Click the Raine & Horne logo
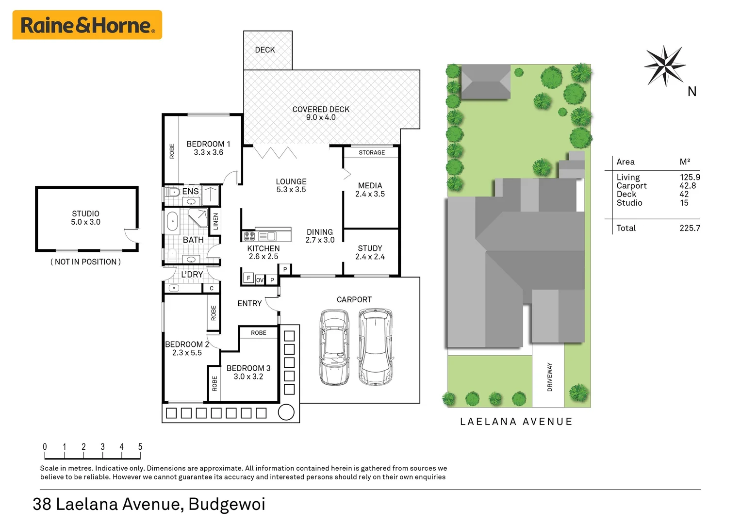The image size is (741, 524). click(87, 25)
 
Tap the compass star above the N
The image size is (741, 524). click(664, 65)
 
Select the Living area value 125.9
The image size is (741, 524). click(690, 178)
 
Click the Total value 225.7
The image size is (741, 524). click(690, 228)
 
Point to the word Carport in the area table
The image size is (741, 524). click(631, 186)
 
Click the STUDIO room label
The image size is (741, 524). click(85, 214)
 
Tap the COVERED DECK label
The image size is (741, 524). click(321, 110)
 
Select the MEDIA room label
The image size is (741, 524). click(370, 186)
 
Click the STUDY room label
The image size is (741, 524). click(370, 248)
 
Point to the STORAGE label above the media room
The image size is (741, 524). click(372, 152)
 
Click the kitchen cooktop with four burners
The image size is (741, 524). click(249, 236)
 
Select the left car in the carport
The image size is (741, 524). click(334, 347)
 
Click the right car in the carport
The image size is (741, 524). click(375, 346)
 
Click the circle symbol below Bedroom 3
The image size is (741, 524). click(286, 412)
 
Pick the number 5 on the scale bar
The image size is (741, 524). click(140, 446)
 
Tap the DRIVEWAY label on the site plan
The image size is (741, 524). click(549, 377)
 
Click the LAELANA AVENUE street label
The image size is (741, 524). click(516, 422)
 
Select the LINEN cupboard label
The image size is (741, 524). click(216, 221)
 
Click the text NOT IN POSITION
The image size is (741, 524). click(85, 262)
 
